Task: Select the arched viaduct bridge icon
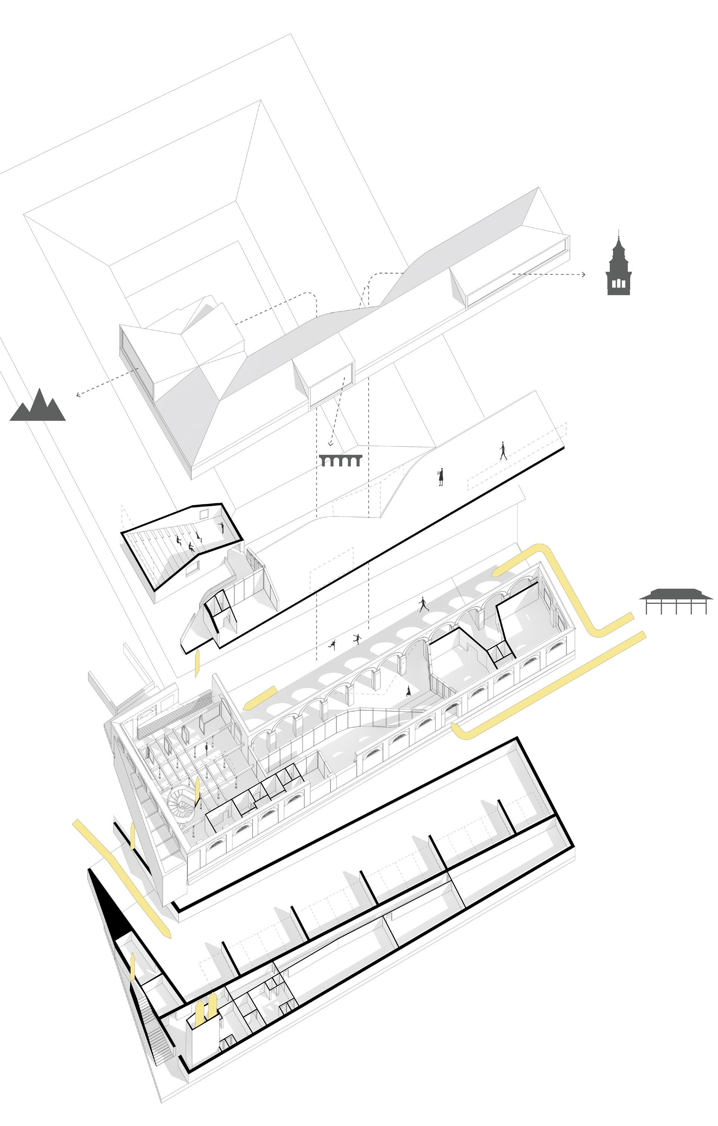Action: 341,460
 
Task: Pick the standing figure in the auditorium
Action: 222,527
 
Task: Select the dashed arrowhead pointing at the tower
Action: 583,274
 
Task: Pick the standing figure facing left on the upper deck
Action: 440,477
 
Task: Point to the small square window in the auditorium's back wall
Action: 204,514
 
